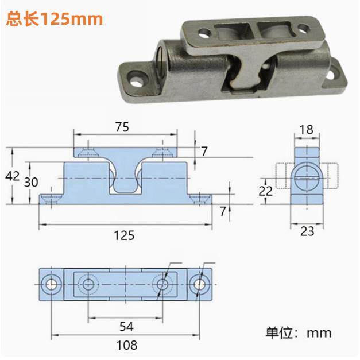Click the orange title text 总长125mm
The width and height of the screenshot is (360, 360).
(x=54, y=18)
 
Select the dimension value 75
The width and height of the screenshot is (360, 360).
(x=122, y=127)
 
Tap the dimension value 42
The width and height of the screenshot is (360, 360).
(x=12, y=176)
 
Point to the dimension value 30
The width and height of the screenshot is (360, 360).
(x=31, y=182)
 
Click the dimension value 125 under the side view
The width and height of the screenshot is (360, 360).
(x=124, y=235)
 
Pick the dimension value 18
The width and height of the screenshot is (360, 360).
(x=307, y=130)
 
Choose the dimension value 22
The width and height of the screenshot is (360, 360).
(x=266, y=191)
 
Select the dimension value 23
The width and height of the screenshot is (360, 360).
(x=307, y=231)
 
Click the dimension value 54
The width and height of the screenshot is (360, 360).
(x=126, y=326)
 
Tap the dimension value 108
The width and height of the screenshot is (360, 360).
(x=127, y=345)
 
